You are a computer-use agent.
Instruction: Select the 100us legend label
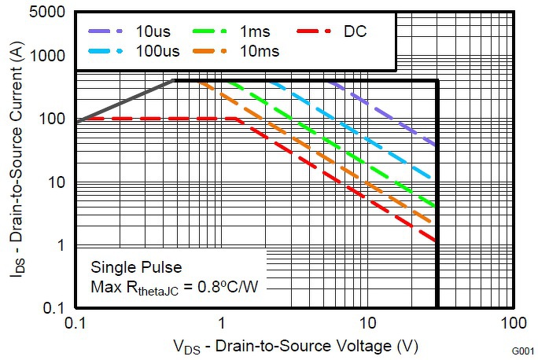point(158,53)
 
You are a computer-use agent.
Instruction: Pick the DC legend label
point(355,32)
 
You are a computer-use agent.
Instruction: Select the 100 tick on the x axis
point(513,323)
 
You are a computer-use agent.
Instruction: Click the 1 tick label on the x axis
point(222,323)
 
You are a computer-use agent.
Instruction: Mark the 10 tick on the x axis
point(367,323)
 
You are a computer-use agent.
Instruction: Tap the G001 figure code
point(525,351)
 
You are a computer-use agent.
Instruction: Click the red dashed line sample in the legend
point(317,32)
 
